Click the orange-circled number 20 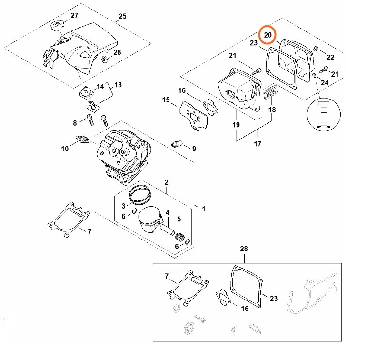tap(268, 34)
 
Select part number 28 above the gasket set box tap(244, 250)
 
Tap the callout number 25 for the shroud tap(122, 16)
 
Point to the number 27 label tap(74, 16)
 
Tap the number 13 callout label tap(118, 85)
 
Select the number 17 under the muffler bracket tap(258, 143)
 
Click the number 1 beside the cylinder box tap(204, 209)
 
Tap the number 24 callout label tap(325, 82)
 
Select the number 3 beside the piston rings tap(123, 206)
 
